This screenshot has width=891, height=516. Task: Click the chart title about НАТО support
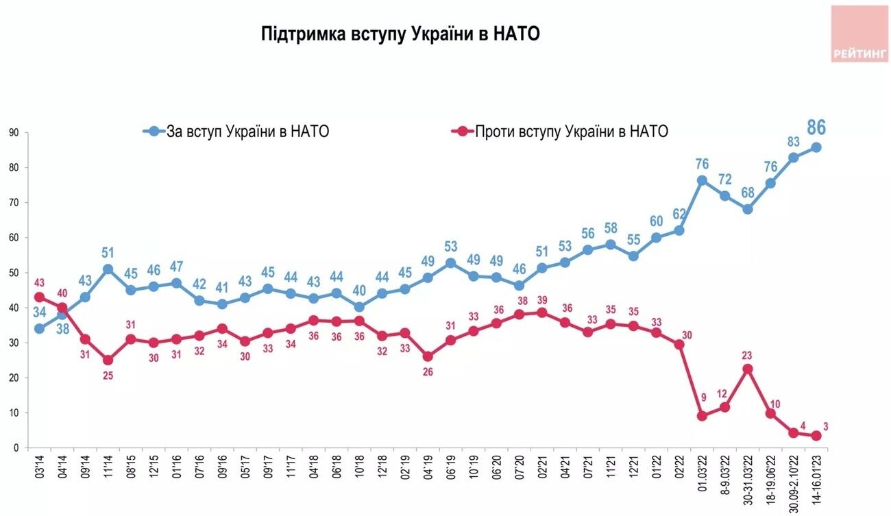(400, 34)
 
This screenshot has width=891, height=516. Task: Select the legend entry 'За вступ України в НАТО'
(236, 132)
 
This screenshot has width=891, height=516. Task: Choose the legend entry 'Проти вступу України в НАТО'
(560, 132)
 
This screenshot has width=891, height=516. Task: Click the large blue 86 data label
(816, 127)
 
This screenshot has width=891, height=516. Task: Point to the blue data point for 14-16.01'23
(816, 147)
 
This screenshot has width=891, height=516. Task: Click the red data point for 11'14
(108, 360)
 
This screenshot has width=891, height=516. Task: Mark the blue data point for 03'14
(39, 329)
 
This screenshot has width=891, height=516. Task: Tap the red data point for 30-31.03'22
(748, 369)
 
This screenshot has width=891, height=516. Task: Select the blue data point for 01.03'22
(702, 181)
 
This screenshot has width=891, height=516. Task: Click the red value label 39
(542, 300)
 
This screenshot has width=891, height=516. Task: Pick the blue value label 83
(794, 142)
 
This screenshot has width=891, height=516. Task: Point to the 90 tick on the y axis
(14, 132)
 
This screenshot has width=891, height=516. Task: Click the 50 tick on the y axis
(14, 273)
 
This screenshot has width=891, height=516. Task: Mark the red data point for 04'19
(428, 356)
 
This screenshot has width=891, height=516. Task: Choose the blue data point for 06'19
(451, 263)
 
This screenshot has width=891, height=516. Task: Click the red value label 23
(746, 355)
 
